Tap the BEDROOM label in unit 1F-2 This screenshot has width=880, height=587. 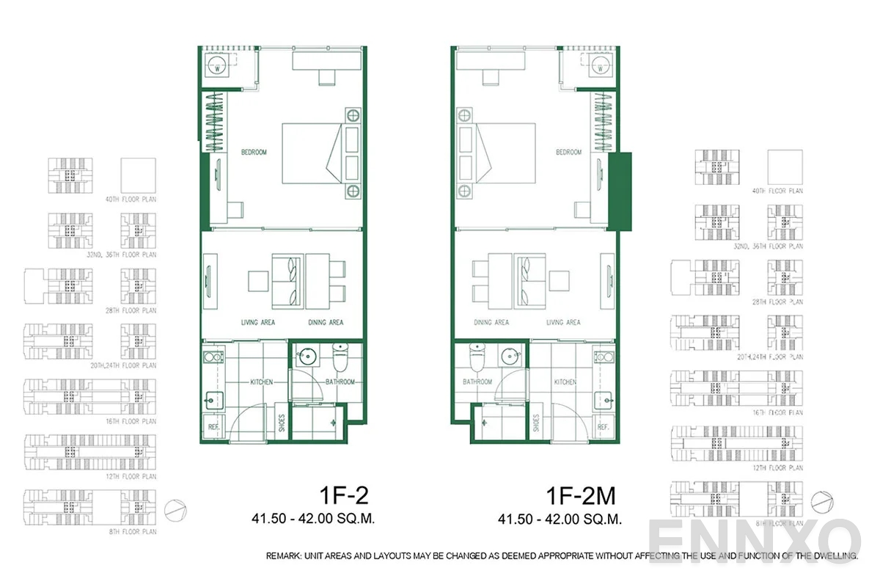pyautogui.click(x=254, y=153)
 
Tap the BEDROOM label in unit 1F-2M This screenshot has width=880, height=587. pyautogui.click(x=568, y=153)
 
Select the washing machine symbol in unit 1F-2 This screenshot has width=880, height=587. pyautogui.click(x=218, y=68)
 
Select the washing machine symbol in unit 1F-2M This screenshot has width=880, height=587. pyautogui.click(x=600, y=68)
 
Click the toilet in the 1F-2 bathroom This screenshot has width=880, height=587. pyautogui.click(x=340, y=358)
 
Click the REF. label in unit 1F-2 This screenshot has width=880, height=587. pyautogui.click(x=214, y=426)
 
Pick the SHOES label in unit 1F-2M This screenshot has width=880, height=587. pyautogui.click(x=537, y=424)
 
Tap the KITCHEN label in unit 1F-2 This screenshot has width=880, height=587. pyautogui.click(x=262, y=382)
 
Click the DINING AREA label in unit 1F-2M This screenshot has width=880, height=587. pyautogui.click(x=491, y=323)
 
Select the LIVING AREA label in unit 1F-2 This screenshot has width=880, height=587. pyautogui.click(x=258, y=323)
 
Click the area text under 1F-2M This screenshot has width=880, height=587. pyautogui.click(x=560, y=519)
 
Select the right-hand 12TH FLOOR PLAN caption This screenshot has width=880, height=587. pyautogui.click(x=785, y=468)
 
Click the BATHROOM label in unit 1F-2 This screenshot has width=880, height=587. pyautogui.click(x=340, y=382)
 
